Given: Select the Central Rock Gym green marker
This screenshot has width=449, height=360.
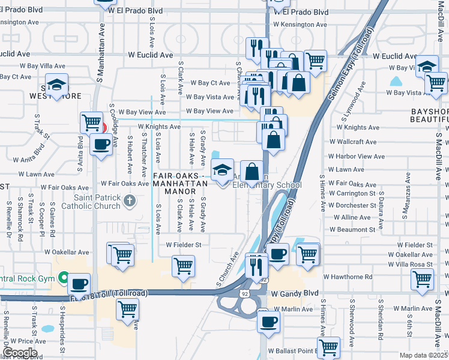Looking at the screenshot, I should click(x=64, y=278).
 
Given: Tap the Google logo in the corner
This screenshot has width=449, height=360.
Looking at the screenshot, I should click(x=20, y=353).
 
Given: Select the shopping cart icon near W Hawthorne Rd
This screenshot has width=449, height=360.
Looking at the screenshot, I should click(x=423, y=278).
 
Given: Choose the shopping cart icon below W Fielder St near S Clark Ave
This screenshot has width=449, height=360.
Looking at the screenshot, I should click(x=183, y=265).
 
